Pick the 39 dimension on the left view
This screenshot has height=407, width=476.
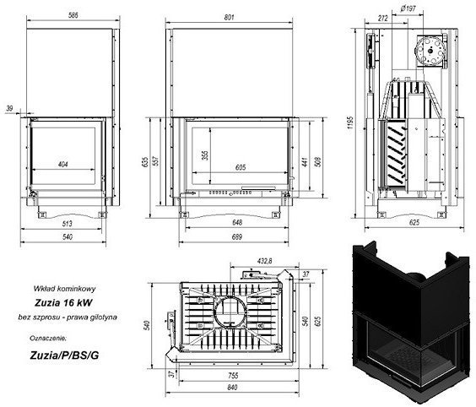click(x=9, y=107)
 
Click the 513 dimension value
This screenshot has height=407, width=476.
click(x=67, y=225)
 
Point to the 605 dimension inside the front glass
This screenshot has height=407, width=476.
click(x=240, y=167)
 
